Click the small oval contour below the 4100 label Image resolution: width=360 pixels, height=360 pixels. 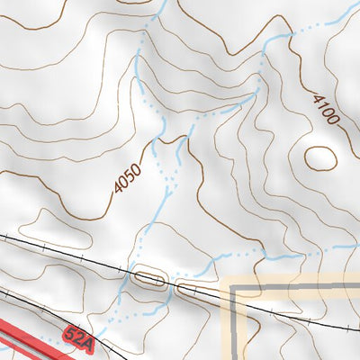(321, 157)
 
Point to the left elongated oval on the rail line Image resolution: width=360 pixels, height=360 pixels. (149, 281)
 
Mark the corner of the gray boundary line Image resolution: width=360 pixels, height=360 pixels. (237, 292)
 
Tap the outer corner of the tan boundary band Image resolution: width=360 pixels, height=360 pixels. (225, 280)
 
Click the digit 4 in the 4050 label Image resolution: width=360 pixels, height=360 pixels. (116, 187)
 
